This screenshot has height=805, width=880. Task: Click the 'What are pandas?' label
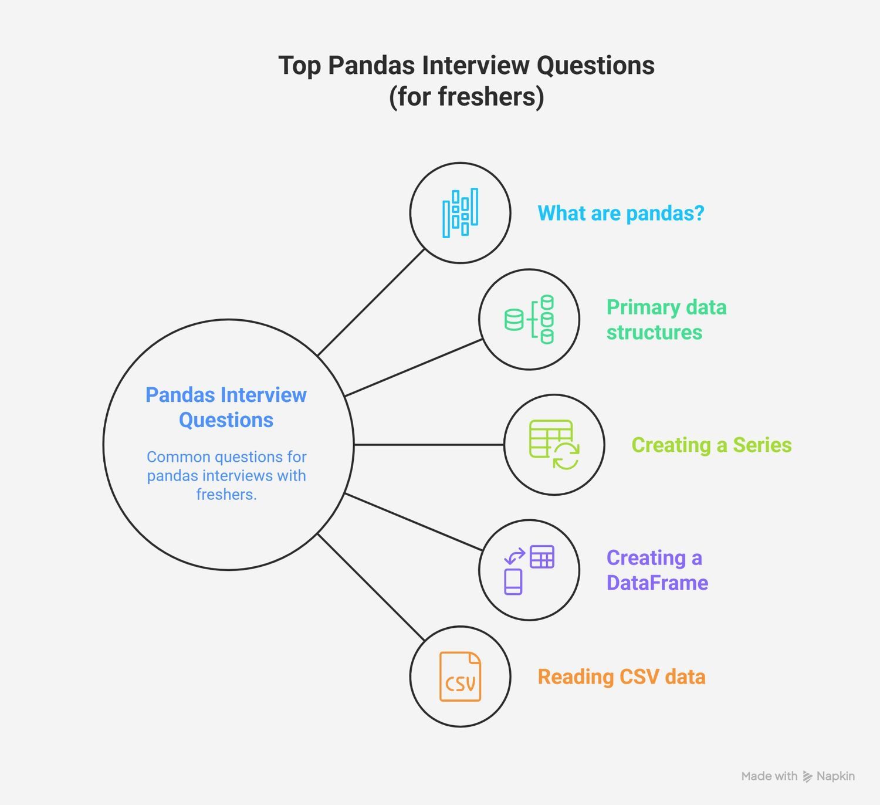tap(621, 214)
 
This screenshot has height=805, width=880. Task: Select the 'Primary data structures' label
tap(666, 320)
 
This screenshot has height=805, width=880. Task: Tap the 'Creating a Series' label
tap(712, 445)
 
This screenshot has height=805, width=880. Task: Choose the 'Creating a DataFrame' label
tap(657, 570)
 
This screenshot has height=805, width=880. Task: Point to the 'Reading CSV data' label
tap(622, 677)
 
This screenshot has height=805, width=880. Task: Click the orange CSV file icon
tap(460, 677)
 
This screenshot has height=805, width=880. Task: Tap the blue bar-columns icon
tap(460, 213)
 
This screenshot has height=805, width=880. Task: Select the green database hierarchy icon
tap(529, 320)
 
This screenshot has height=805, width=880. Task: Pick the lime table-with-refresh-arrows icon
tap(554, 445)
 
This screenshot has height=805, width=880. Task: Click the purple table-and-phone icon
tap(529, 570)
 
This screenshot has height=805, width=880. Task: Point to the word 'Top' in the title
tap(300, 66)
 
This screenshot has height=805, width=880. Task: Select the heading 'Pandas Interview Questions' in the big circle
tap(226, 407)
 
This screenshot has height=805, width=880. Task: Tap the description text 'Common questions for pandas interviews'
tap(226, 466)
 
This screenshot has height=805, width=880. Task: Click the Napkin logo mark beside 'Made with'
tap(807, 776)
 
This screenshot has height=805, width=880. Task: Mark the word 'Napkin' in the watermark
tap(835, 776)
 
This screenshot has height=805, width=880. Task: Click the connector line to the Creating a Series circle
tap(429, 445)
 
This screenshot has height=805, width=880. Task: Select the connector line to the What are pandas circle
tap(371, 302)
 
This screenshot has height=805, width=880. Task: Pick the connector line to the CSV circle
tap(371, 587)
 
